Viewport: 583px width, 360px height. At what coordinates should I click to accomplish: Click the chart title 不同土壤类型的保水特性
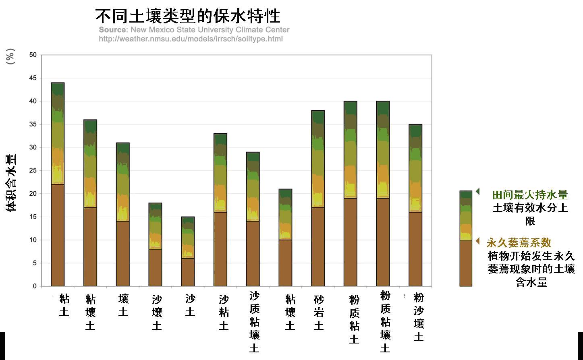pos(188,16)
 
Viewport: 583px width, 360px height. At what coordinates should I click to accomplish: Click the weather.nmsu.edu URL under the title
pos(191,39)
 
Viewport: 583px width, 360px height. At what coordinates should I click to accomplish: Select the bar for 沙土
pos(188,252)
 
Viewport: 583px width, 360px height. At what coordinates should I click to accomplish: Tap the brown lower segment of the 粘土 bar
pos(58,235)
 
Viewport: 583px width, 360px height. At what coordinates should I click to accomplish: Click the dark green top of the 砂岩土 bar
pos(318,117)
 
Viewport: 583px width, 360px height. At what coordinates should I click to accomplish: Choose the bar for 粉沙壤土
pos(415,205)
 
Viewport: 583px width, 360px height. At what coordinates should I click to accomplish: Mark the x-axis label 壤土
pos(123,305)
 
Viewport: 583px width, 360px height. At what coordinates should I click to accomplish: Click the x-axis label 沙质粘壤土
pos(254,322)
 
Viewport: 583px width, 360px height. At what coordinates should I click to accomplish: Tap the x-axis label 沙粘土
pos(224,312)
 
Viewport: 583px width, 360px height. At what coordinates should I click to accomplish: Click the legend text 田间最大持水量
pos(530,195)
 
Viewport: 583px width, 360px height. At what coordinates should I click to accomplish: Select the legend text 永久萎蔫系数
pos(519,242)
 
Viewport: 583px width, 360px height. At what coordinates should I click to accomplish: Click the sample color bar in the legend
pos(466,238)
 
